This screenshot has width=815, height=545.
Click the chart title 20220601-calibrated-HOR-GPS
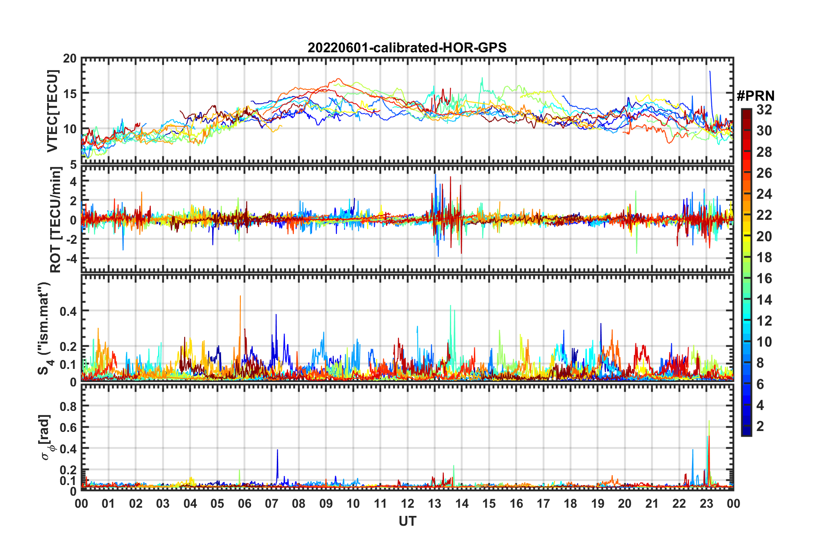[x=407, y=48]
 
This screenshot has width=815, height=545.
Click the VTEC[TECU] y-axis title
[x=52, y=111]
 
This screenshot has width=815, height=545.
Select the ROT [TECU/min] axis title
[x=56, y=219]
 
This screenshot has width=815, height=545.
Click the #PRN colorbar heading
[x=755, y=96]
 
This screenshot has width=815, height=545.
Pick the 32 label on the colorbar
[x=764, y=110]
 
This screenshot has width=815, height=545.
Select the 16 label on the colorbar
[x=764, y=278]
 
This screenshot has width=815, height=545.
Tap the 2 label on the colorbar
[x=760, y=426]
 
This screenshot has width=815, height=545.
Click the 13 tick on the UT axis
[x=434, y=503]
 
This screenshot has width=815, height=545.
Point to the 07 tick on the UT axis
[x=272, y=503]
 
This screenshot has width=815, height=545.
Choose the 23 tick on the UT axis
[x=706, y=503]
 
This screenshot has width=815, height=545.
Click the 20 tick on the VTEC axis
[x=70, y=59]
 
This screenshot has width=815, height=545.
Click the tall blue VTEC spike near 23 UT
[x=710, y=73]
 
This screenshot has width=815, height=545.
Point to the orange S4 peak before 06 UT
[x=240, y=296]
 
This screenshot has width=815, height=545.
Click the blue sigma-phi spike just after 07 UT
[x=277, y=451]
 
